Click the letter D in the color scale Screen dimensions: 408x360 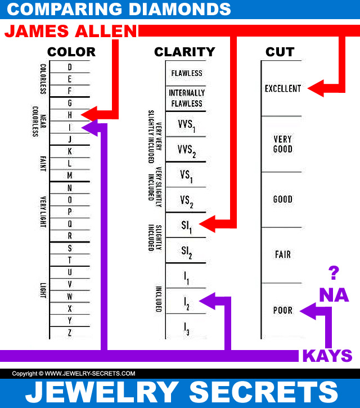[70, 66]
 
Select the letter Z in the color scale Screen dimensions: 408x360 [70, 333]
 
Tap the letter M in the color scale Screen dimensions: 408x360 [70, 175]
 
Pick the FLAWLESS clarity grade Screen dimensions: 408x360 [187, 73]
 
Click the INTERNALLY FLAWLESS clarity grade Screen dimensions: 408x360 [187, 98]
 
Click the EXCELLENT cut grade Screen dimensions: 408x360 [283, 88]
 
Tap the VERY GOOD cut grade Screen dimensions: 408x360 [283, 144]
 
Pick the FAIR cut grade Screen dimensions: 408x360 [283, 254]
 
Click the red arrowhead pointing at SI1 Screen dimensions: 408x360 [206, 225]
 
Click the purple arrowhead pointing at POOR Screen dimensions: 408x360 [307, 310]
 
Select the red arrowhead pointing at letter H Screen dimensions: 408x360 [88, 114]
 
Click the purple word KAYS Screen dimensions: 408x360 [327, 356]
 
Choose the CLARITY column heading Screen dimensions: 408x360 [184, 52]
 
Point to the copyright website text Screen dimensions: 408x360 [74, 373]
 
